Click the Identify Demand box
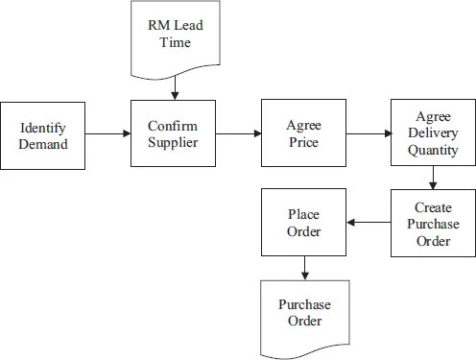point(43,134)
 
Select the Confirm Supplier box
point(173,134)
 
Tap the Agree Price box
point(302,134)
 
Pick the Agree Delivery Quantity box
point(432,134)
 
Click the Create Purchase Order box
point(433,223)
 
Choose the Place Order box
point(304,222)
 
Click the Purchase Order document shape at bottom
point(304,315)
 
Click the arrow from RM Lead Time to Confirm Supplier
point(175,88)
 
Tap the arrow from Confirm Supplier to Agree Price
point(237,134)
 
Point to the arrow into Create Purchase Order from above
point(433,178)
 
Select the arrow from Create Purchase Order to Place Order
point(369,223)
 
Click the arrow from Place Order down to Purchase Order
point(304,267)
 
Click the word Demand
point(43,144)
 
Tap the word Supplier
point(173,144)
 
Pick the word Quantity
point(432,151)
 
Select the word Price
point(302,143)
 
